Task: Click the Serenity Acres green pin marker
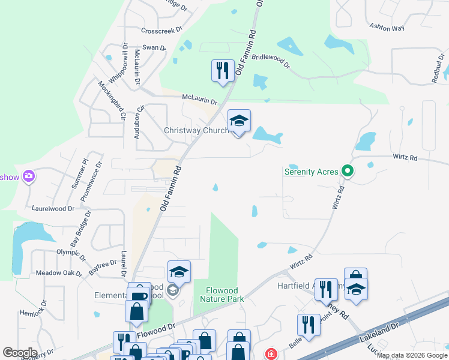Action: pos(347,172)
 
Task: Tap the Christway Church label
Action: pos(196,130)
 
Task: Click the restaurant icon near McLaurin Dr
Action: pos(223,71)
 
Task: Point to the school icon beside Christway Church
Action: pos(239,122)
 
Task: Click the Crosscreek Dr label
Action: pos(161,30)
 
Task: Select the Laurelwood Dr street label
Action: pos(53,209)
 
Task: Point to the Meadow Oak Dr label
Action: pos(58,273)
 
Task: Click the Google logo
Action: pos(20,353)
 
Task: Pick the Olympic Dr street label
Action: pos(71,254)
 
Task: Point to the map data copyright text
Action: pos(412,355)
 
